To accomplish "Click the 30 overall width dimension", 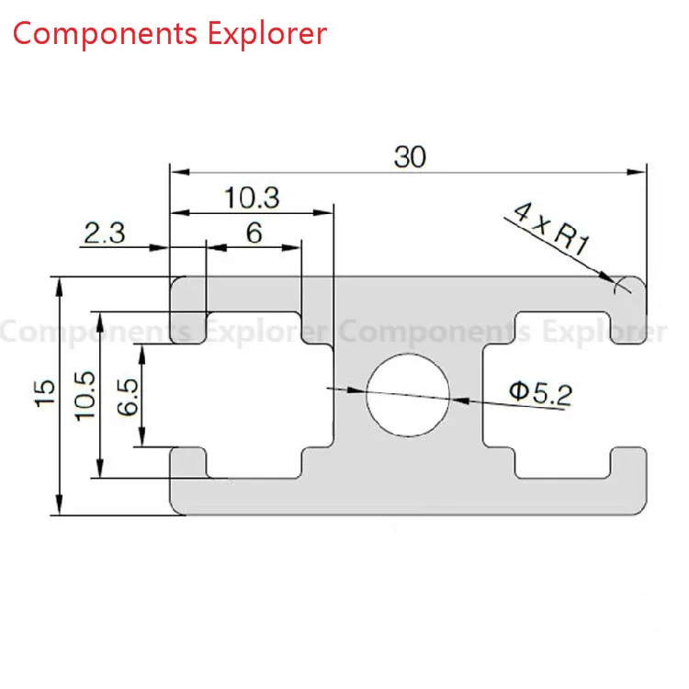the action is [410, 157].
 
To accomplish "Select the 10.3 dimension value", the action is [252, 198].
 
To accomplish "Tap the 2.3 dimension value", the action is [105, 233].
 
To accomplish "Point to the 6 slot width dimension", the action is [254, 233].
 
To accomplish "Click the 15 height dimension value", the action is [45, 393].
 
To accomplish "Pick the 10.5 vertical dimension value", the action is [85, 396].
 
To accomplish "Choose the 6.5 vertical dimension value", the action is [128, 397].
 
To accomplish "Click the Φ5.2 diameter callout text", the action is [541, 393].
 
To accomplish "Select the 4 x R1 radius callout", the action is [551, 228].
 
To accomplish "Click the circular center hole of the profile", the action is [408, 395].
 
